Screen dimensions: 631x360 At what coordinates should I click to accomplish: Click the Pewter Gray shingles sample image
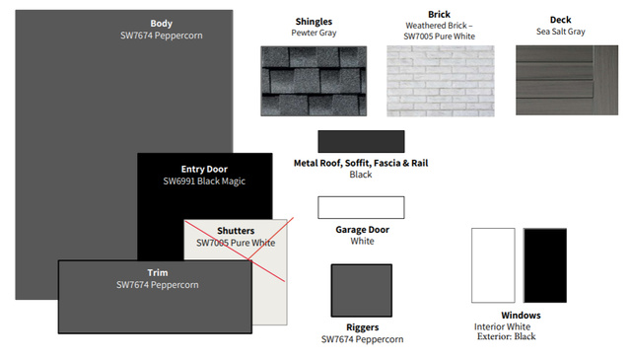pos(314,81)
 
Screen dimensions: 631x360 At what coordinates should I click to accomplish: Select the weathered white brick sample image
pos(441,81)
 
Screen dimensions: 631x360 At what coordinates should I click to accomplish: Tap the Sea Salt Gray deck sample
pos(567,80)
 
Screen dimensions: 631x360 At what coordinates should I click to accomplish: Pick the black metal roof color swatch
pos(361,141)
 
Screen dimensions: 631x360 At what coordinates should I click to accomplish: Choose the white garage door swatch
pos(361,207)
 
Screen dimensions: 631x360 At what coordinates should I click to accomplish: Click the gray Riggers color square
pos(362,290)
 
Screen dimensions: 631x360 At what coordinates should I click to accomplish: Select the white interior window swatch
pos(493,265)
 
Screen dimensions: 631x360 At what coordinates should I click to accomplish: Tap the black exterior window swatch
pos(545,265)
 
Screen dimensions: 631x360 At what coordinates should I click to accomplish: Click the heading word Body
pos(162,24)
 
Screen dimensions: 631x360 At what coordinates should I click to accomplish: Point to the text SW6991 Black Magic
pos(204,181)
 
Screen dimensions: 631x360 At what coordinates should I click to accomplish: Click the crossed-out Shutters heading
pos(236,231)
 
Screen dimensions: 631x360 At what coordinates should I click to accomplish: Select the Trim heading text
pos(158,272)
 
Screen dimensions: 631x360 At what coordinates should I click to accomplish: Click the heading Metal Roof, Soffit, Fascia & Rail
pos(361,163)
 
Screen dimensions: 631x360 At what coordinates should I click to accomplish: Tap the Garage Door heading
pos(362,230)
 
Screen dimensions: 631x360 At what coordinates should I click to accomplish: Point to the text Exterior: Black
pos(506,336)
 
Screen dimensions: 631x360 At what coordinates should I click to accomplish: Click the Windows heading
pos(521,315)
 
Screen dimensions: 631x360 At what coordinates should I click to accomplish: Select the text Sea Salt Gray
pos(561,32)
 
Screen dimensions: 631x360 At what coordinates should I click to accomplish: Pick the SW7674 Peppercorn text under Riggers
pos(362,339)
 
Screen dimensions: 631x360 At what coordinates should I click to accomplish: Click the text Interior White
pos(502,326)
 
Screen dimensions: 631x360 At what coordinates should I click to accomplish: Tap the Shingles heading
pos(314,22)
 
